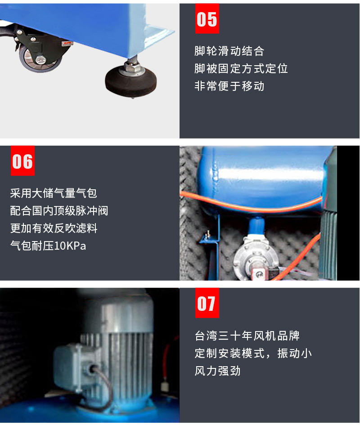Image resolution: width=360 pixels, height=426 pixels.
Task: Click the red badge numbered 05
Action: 207,18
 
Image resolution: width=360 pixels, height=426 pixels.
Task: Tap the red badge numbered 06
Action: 22,161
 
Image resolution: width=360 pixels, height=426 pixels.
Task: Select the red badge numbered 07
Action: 207,303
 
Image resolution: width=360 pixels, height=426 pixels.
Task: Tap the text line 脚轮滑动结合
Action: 229,51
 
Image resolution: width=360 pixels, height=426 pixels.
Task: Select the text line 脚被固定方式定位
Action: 241,68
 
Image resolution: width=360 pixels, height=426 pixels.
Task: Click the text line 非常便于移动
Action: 229,86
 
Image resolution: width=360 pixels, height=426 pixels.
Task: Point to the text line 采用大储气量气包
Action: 54,193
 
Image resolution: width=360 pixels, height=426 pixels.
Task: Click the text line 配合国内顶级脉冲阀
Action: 59,211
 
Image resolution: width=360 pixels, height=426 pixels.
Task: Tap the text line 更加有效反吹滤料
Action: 54,228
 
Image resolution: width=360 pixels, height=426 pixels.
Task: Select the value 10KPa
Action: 70,246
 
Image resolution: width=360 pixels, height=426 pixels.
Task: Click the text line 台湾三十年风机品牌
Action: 247,336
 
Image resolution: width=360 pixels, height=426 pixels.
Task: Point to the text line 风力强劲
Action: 218,371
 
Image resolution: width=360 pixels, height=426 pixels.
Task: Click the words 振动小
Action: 294,354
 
